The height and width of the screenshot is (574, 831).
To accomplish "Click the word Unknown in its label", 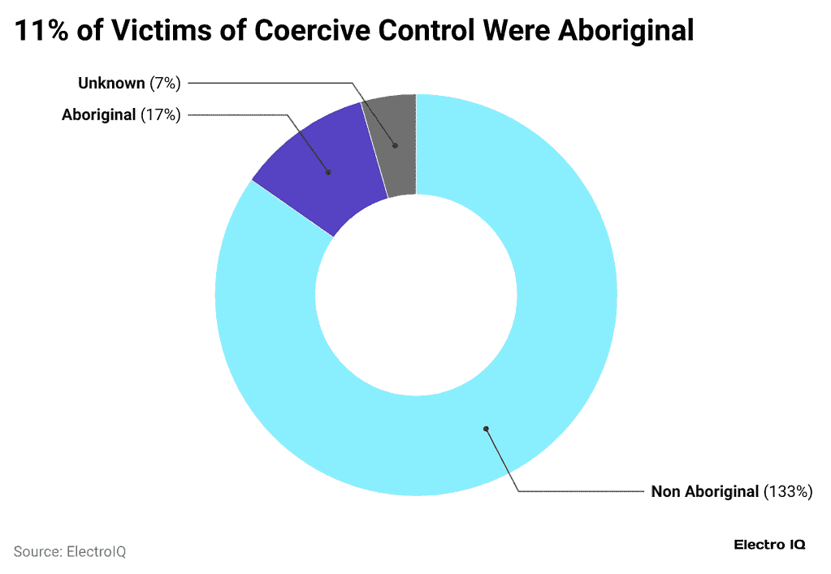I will tap(112, 83).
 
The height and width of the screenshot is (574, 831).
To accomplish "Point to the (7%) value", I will tap(165, 83).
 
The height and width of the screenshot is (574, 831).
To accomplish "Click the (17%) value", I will tap(160, 114).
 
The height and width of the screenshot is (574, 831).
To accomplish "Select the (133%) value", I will tap(788, 491).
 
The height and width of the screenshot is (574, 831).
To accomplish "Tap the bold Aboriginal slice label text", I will tap(98, 114).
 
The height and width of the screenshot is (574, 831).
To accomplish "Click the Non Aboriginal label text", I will tap(705, 491).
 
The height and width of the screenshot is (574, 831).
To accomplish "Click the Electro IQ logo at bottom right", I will tap(769, 545).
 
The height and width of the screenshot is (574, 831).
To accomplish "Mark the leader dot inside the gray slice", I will tap(395, 146).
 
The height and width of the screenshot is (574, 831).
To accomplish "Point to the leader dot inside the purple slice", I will tap(328, 172).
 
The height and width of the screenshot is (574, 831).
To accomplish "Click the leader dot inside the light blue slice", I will tap(486, 429).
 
